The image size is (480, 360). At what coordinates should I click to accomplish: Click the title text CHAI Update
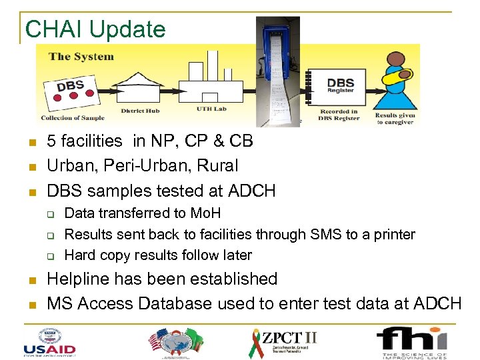pos(95,29)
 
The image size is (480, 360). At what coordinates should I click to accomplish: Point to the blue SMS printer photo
pos(278,70)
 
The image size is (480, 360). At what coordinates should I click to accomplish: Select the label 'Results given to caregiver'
pos(396,118)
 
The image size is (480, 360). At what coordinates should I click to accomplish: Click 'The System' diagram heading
pos(81,57)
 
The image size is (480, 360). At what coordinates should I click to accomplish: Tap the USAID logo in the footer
pos(49,341)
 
